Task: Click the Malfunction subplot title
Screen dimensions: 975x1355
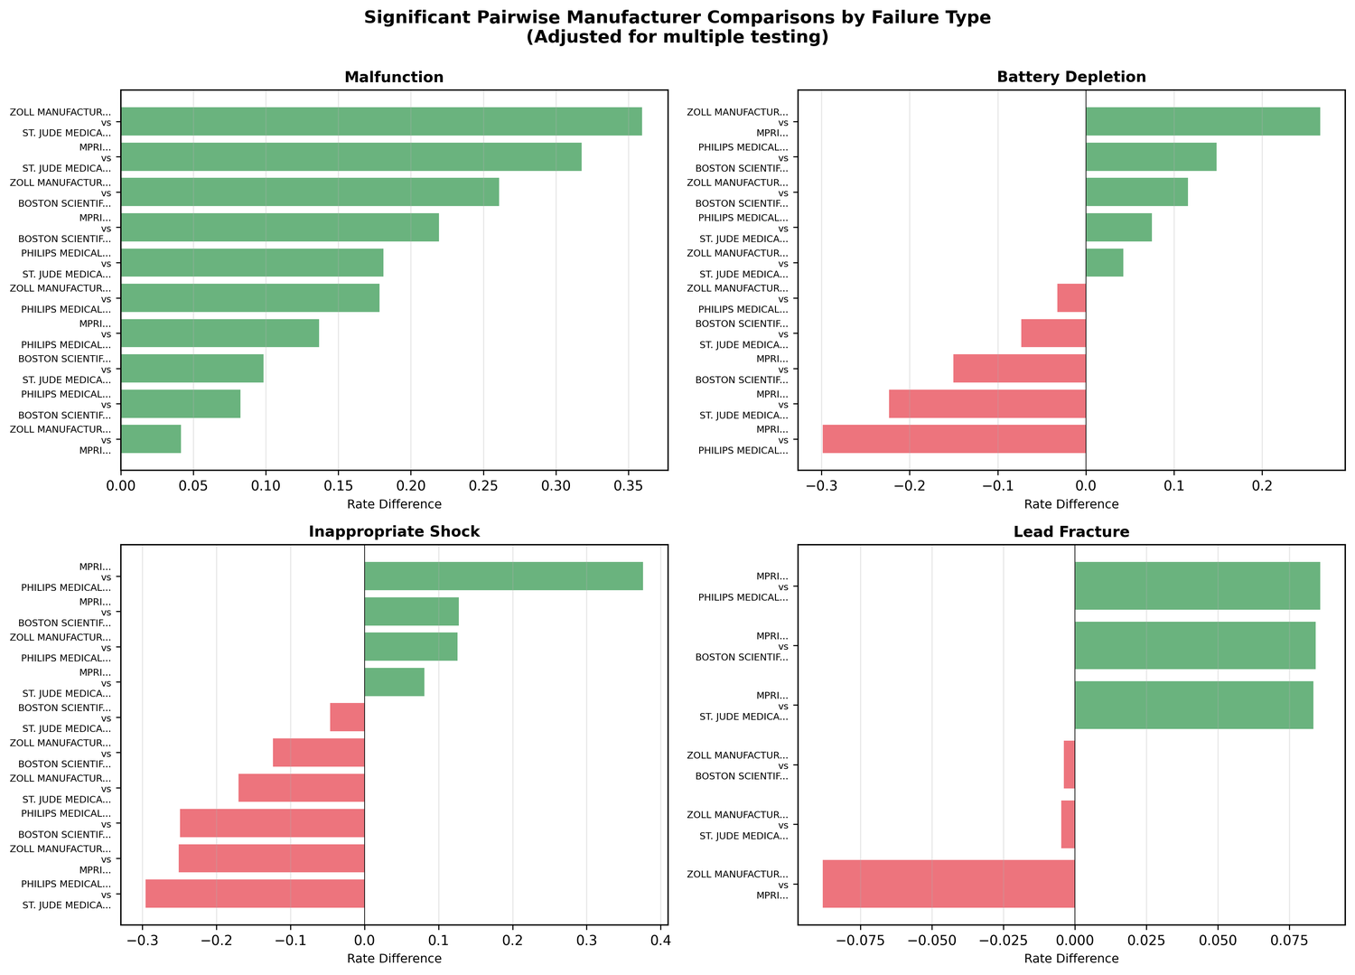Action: (394, 78)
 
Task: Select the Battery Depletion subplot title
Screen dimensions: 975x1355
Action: (1071, 78)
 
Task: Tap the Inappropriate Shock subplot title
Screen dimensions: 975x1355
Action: (394, 532)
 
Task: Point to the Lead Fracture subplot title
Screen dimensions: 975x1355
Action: (1071, 532)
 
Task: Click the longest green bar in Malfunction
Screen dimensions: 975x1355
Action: (381, 122)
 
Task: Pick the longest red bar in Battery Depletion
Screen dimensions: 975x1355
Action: (954, 439)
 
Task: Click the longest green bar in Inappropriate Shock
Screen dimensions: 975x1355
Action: (503, 577)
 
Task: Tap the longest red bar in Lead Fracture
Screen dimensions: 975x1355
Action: (948, 884)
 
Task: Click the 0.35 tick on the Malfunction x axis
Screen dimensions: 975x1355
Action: (629, 487)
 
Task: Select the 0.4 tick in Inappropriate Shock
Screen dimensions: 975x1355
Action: (660, 942)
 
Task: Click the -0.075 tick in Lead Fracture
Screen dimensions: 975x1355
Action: (860, 942)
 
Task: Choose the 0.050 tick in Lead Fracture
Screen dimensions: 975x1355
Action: (1218, 942)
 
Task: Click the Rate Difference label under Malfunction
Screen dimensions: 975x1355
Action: (394, 504)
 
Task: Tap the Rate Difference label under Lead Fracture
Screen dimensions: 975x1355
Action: (1071, 959)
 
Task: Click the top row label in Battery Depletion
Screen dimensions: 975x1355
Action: (737, 122)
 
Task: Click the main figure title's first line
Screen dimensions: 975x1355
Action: (677, 17)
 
